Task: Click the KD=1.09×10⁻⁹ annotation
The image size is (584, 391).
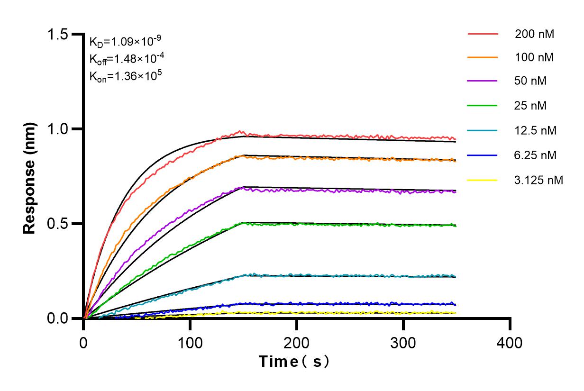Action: tap(121, 41)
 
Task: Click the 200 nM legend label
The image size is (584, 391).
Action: tap(535, 34)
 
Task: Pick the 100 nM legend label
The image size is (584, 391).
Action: tap(535, 58)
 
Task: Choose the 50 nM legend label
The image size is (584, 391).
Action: tap(531, 81)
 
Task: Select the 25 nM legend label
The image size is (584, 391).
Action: tap(531, 106)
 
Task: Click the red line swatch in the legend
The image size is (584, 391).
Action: tap(483, 34)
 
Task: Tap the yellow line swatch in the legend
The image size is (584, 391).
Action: tap(483, 180)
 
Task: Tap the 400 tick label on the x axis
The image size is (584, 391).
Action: tap(510, 342)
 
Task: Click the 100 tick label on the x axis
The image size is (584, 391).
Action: tap(190, 342)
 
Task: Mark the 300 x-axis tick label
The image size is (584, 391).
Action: tap(403, 342)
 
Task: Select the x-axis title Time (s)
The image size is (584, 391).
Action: tap(294, 362)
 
